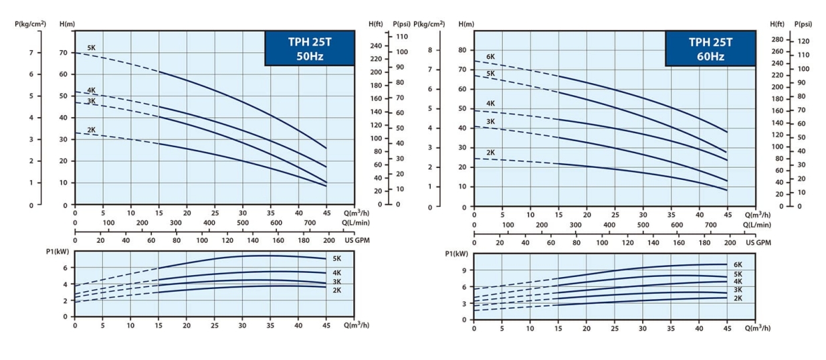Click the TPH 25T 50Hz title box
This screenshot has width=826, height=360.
[310, 49]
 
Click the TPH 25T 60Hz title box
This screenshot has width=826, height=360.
[710, 49]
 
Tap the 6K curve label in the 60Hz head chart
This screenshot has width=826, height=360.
[490, 57]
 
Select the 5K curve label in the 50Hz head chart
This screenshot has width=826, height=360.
[91, 48]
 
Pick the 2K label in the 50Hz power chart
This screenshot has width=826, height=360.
[337, 290]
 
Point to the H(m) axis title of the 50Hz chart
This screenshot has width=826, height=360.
[67, 24]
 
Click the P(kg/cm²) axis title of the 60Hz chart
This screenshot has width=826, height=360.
[429, 24]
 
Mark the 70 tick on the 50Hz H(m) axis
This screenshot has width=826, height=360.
[63, 52]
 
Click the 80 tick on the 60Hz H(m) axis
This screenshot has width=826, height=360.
[461, 50]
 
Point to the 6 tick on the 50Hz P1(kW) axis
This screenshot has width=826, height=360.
[66, 268]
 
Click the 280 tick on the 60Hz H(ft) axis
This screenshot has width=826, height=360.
[777, 40]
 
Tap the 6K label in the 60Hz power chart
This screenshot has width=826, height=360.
[738, 265]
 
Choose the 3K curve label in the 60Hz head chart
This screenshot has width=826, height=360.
[490, 121]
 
